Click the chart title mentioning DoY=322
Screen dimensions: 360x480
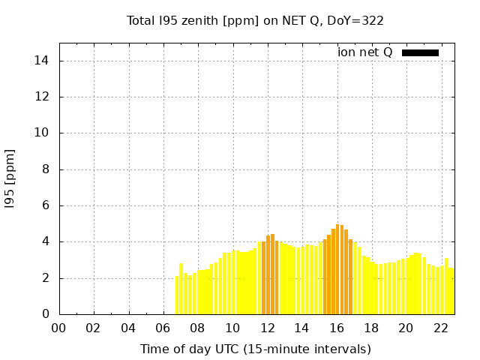pos(255,20)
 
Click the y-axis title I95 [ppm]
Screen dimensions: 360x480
pos(10,178)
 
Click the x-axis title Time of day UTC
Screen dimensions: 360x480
pos(255,349)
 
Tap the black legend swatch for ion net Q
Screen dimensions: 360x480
pos(420,52)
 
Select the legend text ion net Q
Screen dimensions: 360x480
pos(365,52)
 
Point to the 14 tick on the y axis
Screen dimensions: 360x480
pos(43,61)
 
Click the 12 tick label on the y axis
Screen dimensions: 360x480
pos(43,97)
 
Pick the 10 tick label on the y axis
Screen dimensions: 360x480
pos(43,133)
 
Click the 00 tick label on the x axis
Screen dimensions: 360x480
pos(58,328)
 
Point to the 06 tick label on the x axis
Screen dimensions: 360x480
pos(163,328)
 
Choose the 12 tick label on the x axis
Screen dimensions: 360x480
pos(267,328)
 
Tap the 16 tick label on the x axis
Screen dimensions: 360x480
pos(337,328)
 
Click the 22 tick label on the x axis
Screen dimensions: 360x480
pos(441,328)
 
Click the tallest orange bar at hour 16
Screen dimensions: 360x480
pos(338,270)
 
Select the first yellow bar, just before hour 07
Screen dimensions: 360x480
pos(177,295)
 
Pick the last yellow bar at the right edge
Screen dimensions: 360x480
pos(451,292)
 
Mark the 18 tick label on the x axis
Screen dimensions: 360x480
pos(371,328)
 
